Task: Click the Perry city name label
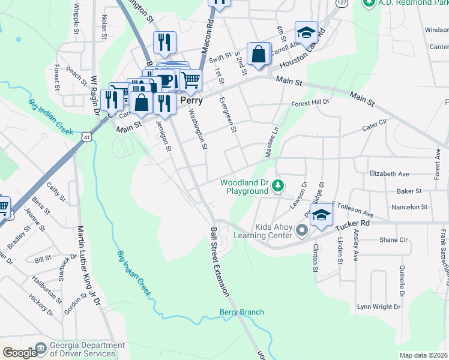click(191, 101)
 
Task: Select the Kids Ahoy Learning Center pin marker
click(302, 230)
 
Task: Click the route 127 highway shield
click(341, 2)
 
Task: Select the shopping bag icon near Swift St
click(258, 54)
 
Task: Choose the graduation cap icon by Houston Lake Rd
click(306, 33)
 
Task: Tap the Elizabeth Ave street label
click(389, 174)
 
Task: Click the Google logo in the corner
click(19, 353)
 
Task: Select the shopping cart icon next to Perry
click(190, 80)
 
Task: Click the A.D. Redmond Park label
click(408, 3)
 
